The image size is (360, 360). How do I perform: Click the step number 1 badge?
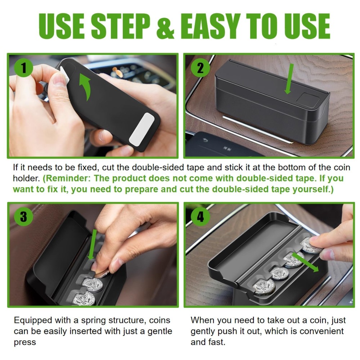tap(24, 68)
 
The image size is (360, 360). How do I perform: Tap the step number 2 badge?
tap(200, 68)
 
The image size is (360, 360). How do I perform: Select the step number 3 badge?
tap(24, 216)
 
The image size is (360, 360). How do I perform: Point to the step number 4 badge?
tap(200, 216)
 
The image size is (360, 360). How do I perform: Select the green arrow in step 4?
tap(305, 262)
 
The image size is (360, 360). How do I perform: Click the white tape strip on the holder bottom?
tap(141, 129)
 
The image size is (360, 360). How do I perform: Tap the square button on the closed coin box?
tap(308, 99)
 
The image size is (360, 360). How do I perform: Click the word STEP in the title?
tap(121, 26)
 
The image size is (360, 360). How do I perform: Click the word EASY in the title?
tap(211, 26)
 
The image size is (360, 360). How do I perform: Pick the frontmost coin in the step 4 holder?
tap(264, 287)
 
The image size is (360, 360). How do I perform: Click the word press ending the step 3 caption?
tap(25, 343)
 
